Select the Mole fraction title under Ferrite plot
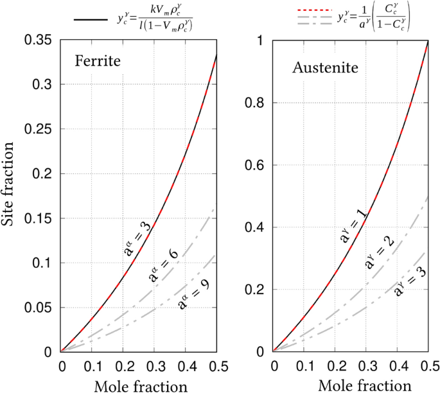click(141, 386)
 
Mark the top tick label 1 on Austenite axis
click(261, 40)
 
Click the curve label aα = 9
click(192, 293)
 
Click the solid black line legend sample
click(88, 20)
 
